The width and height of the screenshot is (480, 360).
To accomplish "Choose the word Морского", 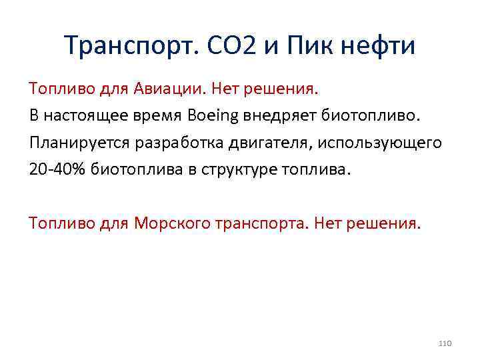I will click(x=173, y=222).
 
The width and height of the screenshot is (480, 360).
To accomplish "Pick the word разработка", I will click(x=167, y=143).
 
